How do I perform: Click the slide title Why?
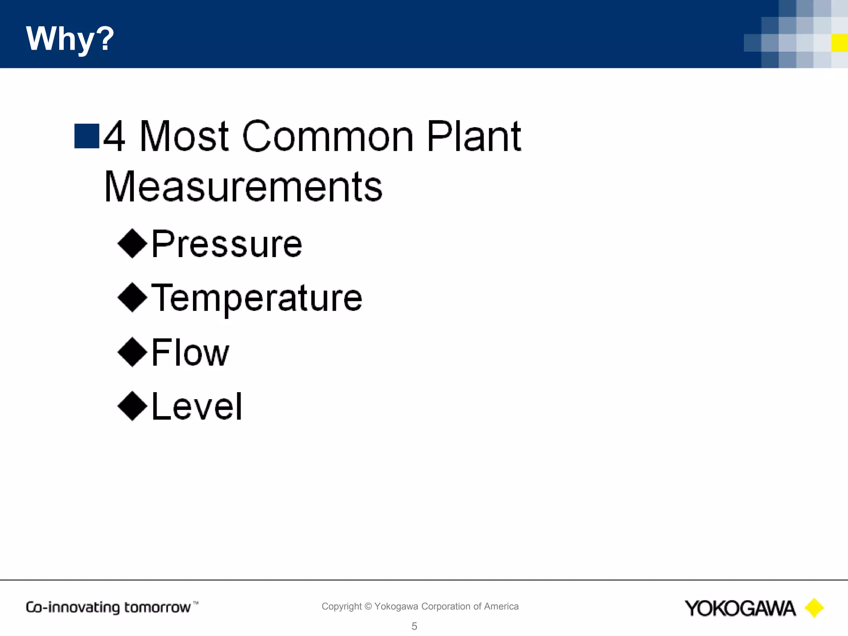point(70,39)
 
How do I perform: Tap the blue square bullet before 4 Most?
point(87,136)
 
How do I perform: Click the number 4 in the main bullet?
point(114,137)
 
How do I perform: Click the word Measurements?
point(243,187)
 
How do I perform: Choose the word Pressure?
point(227,244)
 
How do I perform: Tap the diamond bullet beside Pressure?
point(132,243)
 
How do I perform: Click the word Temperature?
point(257,298)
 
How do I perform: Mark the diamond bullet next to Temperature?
point(132,297)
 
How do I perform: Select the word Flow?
point(190,352)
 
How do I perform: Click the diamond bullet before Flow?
point(132,352)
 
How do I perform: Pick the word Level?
point(197,407)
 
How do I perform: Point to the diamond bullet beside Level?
point(132,406)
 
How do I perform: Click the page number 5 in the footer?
point(414,626)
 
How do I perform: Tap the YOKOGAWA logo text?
point(740,608)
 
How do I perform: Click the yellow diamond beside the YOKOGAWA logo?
point(814,608)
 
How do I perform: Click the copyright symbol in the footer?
point(368,607)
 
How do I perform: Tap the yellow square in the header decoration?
point(839,43)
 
